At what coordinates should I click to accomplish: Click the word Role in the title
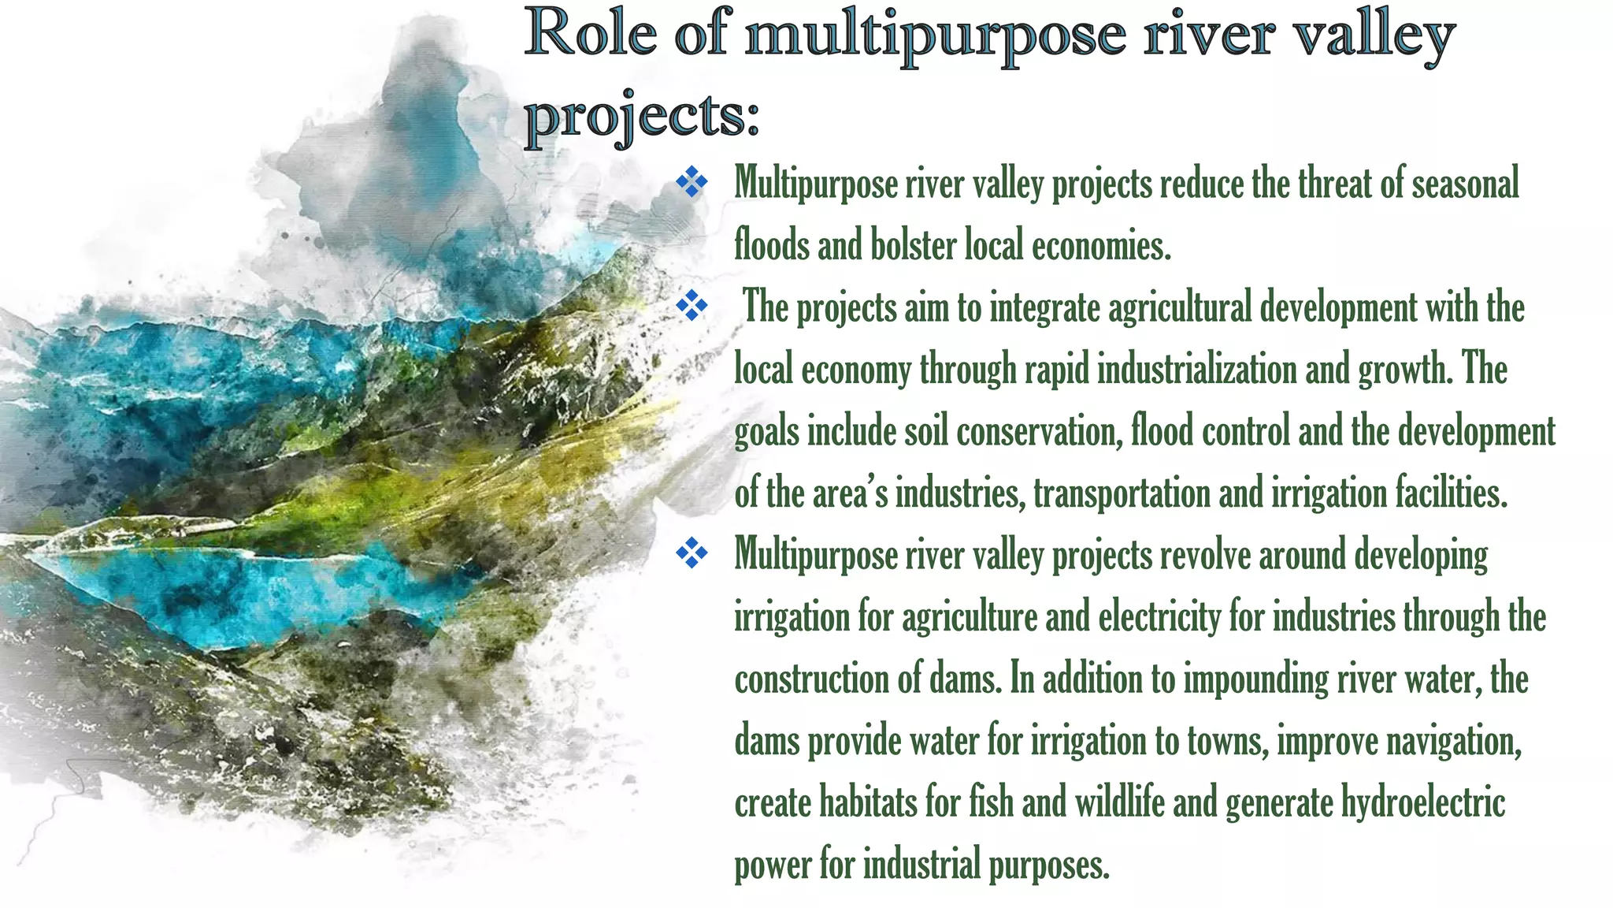591,35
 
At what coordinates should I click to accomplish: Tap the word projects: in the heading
642,116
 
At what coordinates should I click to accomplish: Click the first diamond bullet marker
692,182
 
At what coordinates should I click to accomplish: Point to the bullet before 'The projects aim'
692,306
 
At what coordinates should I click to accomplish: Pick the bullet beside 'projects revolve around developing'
692,553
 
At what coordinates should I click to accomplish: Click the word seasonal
1464,184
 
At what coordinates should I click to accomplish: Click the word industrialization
1196,369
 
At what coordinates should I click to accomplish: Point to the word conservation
1039,431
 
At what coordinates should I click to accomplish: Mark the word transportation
1122,493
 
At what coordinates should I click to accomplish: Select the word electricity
1159,617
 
